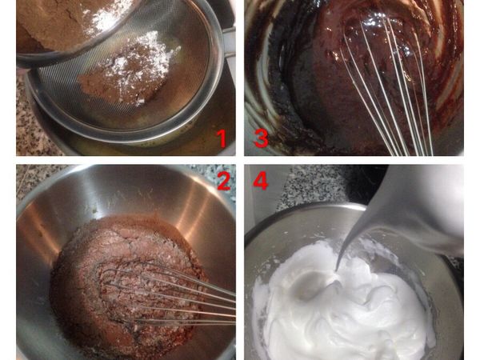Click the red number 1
(221, 138)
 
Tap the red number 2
(224, 181)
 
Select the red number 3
(261, 138)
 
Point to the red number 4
(261, 181)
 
